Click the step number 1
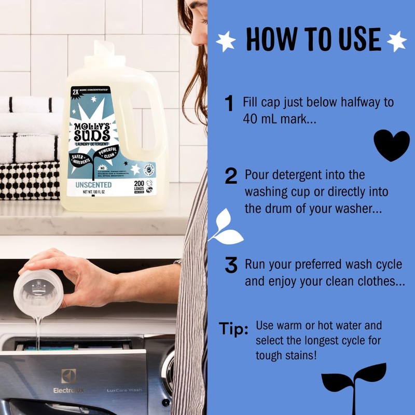coord(229,103)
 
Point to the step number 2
coord(231,176)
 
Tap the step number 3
coord(231,265)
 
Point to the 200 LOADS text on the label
coord(140,186)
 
